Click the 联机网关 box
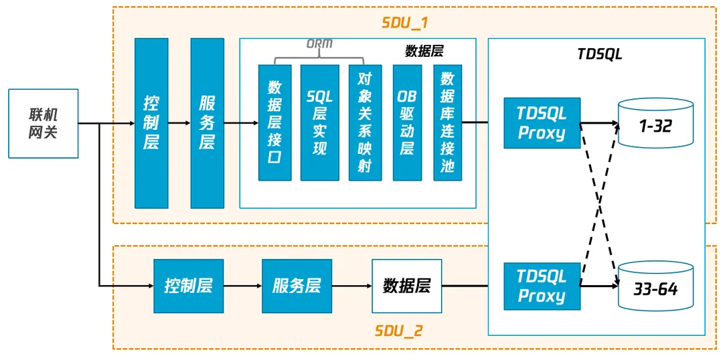pyautogui.click(x=44, y=123)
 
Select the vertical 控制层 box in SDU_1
pyautogui.click(x=151, y=123)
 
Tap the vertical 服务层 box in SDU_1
pyautogui.click(x=207, y=123)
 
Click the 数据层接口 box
pyautogui.click(x=275, y=123)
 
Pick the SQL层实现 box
pyautogui.click(x=319, y=123)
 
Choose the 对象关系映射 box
pyautogui.click(x=365, y=123)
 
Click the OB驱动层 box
pyautogui.click(x=407, y=123)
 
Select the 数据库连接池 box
pyautogui.click(x=447, y=123)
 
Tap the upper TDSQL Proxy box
pyautogui.click(x=542, y=123)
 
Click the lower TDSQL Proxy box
pyautogui.click(x=542, y=286)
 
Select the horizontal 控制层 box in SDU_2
pyautogui.click(x=188, y=286)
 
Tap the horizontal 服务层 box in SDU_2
pyautogui.click(x=297, y=286)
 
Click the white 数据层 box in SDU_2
pyautogui.click(x=406, y=286)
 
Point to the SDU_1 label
pyautogui.click(x=405, y=23)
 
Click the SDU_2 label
pyautogui.click(x=398, y=331)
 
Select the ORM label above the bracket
pyautogui.click(x=319, y=45)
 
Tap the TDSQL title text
pyautogui.click(x=599, y=54)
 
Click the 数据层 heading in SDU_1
pyautogui.click(x=424, y=51)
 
